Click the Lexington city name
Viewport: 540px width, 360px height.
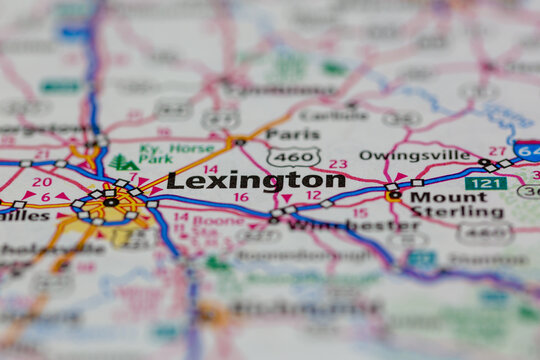[255, 180]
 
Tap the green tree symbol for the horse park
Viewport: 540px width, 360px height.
[123, 162]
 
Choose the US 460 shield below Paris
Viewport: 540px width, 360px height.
[294, 157]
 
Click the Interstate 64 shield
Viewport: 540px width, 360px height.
[527, 151]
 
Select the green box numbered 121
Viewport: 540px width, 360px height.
[485, 184]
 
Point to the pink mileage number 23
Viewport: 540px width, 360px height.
[338, 164]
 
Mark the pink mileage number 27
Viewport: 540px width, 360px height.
[496, 151]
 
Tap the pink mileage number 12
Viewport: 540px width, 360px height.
[313, 195]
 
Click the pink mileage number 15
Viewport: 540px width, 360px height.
[359, 213]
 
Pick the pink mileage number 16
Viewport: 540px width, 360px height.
[240, 198]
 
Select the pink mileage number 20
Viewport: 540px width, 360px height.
[41, 182]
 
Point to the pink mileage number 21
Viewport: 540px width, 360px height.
[41, 155]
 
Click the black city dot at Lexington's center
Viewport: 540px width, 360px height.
[110, 202]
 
